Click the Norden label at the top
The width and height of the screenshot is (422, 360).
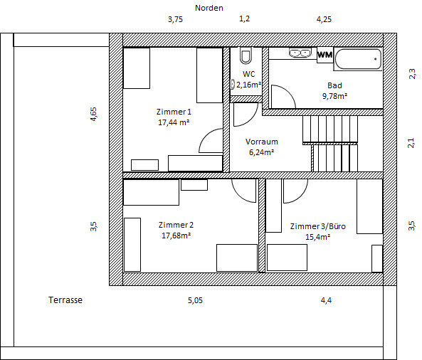[209, 8]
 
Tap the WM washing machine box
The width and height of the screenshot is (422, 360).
[325, 55]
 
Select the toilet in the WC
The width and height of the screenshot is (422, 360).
[246, 55]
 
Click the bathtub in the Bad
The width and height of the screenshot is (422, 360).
[358, 59]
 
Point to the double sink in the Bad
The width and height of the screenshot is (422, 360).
[300, 53]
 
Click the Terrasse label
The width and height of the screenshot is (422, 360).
[65, 300]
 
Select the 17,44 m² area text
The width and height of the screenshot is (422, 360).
[174, 122]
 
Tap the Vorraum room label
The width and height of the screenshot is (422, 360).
[262, 142]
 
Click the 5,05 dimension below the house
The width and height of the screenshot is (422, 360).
[195, 300]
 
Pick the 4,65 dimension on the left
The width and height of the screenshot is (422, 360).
[93, 114]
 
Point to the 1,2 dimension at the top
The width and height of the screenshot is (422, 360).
[244, 18]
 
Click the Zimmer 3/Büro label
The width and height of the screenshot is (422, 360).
[317, 226]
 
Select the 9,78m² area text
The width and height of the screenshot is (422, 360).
[334, 96]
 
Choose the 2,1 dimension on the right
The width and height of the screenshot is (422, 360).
[411, 143]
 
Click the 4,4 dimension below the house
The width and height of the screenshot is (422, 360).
[326, 300]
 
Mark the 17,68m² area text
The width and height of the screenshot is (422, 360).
[176, 235]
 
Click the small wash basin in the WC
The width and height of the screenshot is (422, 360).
[232, 84]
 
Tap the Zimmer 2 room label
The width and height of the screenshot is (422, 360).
[176, 225]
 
